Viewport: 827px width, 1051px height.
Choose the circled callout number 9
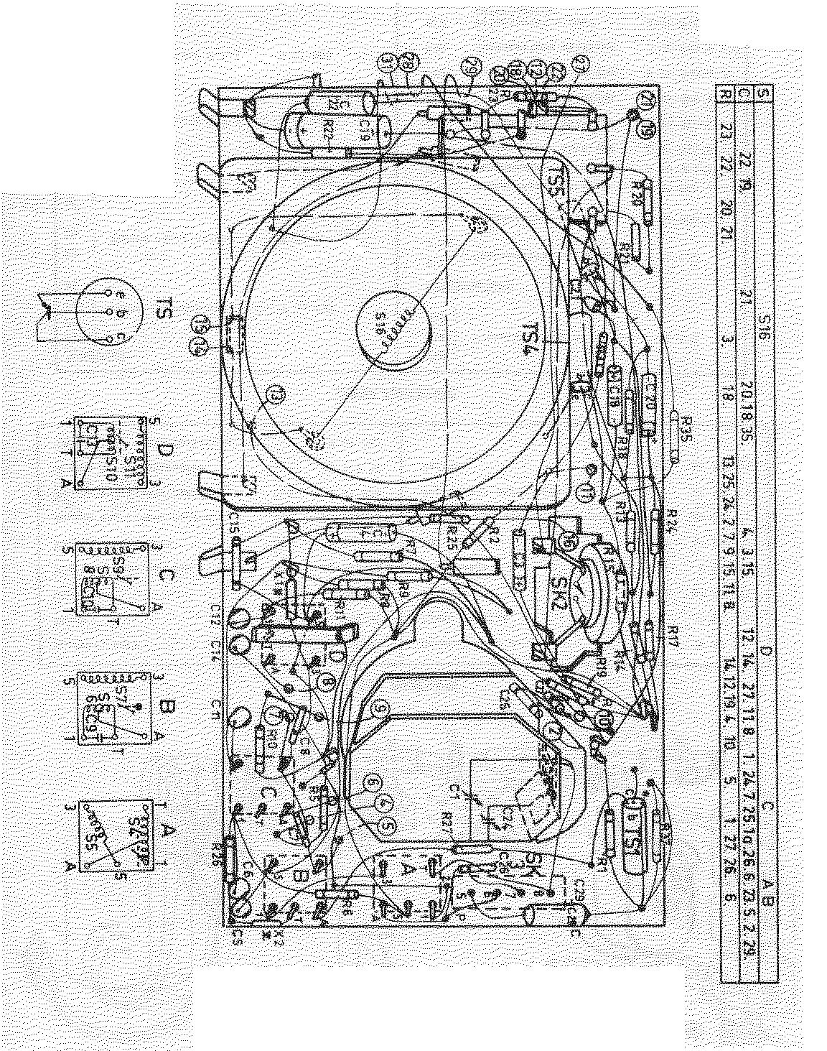[380, 710]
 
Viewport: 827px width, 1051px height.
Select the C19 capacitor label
[365, 130]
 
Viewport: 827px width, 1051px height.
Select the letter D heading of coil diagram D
[164, 450]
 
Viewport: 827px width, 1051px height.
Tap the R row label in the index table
[726, 93]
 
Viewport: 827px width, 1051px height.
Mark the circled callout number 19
[647, 131]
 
